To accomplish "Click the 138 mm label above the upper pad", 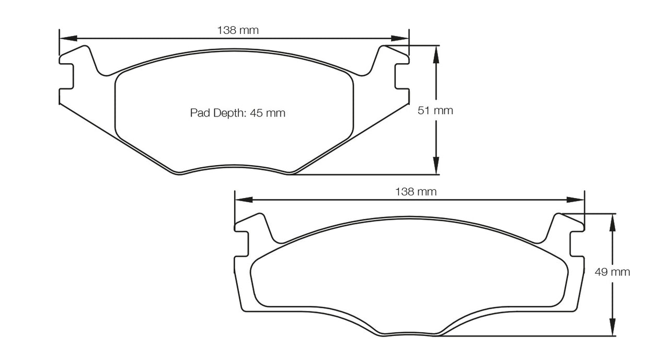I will pos(238,30).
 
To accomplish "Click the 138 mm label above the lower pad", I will pos(416,192).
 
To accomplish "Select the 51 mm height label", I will pos(435,111).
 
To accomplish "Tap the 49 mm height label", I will pos(612,272).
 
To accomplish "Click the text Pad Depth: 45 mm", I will pos(238,113).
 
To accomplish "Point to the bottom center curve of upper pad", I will pos(235,169).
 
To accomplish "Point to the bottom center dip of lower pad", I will pos(410,335).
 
